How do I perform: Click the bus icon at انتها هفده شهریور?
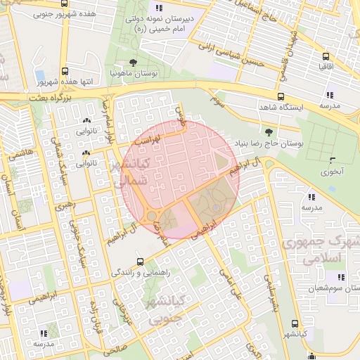(x=65, y=71)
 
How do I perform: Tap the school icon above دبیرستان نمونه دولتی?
(x=159, y=8)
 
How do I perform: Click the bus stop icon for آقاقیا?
(x=325, y=56)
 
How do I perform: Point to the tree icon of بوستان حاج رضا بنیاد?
(x=269, y=131)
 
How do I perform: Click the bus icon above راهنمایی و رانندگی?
(x=139, y=261)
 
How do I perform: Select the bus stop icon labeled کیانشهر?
(x=294, y=324)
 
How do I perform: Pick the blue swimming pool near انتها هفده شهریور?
(x=40, y=75)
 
